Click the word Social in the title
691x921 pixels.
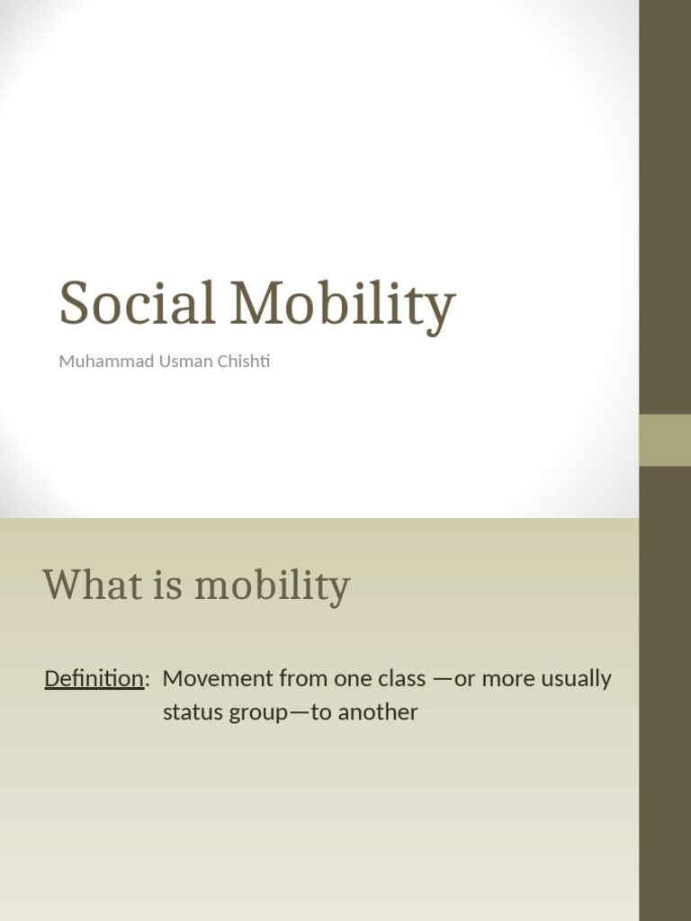pyautogui.click(x=137, y=303)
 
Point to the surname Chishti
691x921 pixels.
pyautogui.click(x=238, y=362)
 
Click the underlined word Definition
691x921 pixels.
pyautogui.click(x=94, y=679)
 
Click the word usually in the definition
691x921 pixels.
pyautogui.click(x=574, y=680)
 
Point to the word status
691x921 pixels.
pyautogui.click(x=190, y=712)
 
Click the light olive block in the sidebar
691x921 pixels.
pyautogui.click(x=665, y=440)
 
